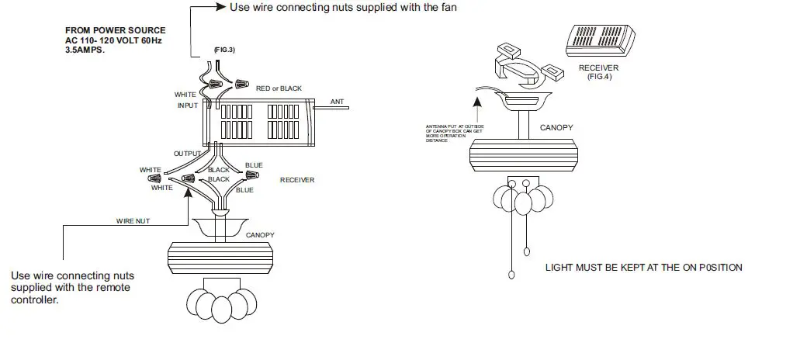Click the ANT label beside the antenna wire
tap(337, 102)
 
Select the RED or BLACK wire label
tap(279, 88)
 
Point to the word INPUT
tap(188, 106)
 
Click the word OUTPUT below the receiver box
tap(187, 154)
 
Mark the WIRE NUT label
tap(133, 221)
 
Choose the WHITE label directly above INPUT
tap(185, 95)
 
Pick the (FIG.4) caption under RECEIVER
tap(600, 76)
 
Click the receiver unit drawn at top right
tap(601, 39)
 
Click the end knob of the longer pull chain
tap(511, 275)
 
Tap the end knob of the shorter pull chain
tap(528, 251)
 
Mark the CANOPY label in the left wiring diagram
tap(259, 234)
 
